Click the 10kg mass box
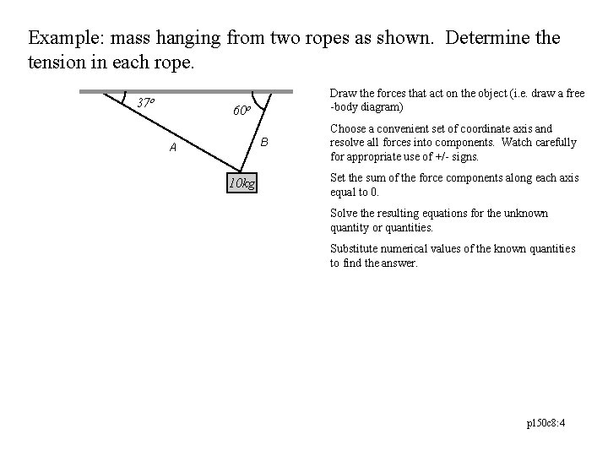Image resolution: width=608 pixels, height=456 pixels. pyautogui.click(x=243, y=183)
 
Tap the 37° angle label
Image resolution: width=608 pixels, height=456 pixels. pyautogui.click(x=146, y=102)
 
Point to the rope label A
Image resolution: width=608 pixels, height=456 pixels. pyautogui.click(x=172, y=148)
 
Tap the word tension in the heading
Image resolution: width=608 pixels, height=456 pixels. pyautogui.click(x=55, y=62)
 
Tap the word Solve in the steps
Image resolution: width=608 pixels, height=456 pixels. pyautogui.click(x=344, y=213)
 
